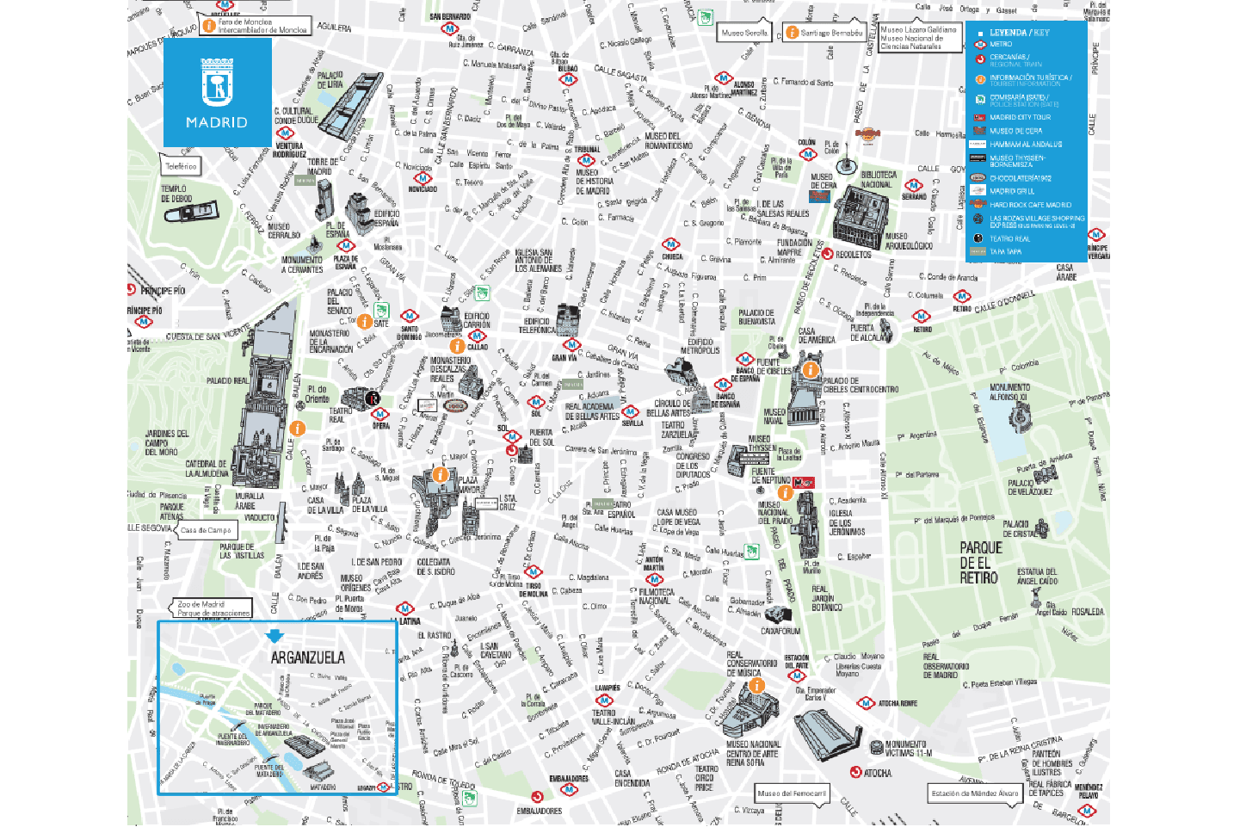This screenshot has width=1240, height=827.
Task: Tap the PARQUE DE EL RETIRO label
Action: [980, 563]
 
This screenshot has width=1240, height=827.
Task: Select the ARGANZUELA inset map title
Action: [307, 657]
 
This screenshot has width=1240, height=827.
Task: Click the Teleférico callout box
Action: [181, 166]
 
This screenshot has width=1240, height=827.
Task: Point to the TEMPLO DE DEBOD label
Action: [176, 194]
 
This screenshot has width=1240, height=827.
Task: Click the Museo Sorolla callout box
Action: [744, 33]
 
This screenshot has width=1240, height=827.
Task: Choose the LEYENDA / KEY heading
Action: [1019, 33]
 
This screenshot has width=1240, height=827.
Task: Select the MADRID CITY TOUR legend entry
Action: [1020, 117]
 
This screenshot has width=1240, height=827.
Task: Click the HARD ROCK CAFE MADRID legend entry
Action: [1030, 205]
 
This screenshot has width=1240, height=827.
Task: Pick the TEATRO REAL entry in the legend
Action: [1009, 238]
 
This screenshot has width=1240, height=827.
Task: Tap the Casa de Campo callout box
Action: [206, 530]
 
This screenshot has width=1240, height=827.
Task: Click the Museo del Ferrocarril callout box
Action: [792, 793]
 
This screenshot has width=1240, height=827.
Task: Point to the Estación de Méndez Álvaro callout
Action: [974, 793]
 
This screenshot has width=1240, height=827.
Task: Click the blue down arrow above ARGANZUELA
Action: [275, 636]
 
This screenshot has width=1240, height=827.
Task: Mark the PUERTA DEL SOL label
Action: [540, 437]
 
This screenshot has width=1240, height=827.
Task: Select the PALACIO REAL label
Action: [227, 380]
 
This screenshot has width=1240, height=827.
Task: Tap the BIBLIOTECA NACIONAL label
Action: [878, 179]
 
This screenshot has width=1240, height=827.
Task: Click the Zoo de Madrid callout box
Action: [213, 608]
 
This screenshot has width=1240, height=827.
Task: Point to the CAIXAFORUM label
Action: [780, 631]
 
